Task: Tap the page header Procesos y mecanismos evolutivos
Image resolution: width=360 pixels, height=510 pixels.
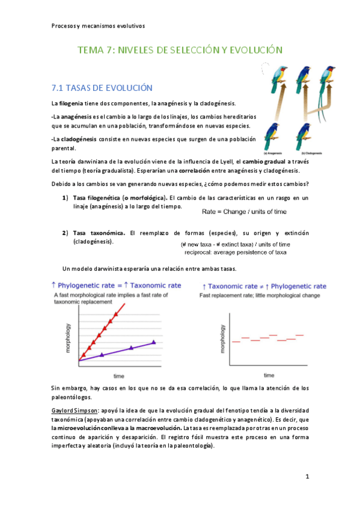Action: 98,26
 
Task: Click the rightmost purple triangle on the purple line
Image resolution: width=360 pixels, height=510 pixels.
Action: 154,342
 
